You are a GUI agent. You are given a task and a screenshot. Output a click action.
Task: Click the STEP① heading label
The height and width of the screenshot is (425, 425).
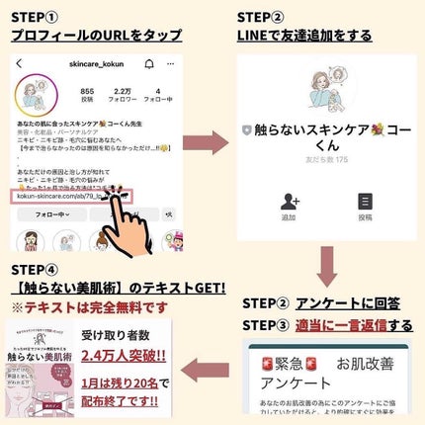pyautogui.click(x=35, y=17)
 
